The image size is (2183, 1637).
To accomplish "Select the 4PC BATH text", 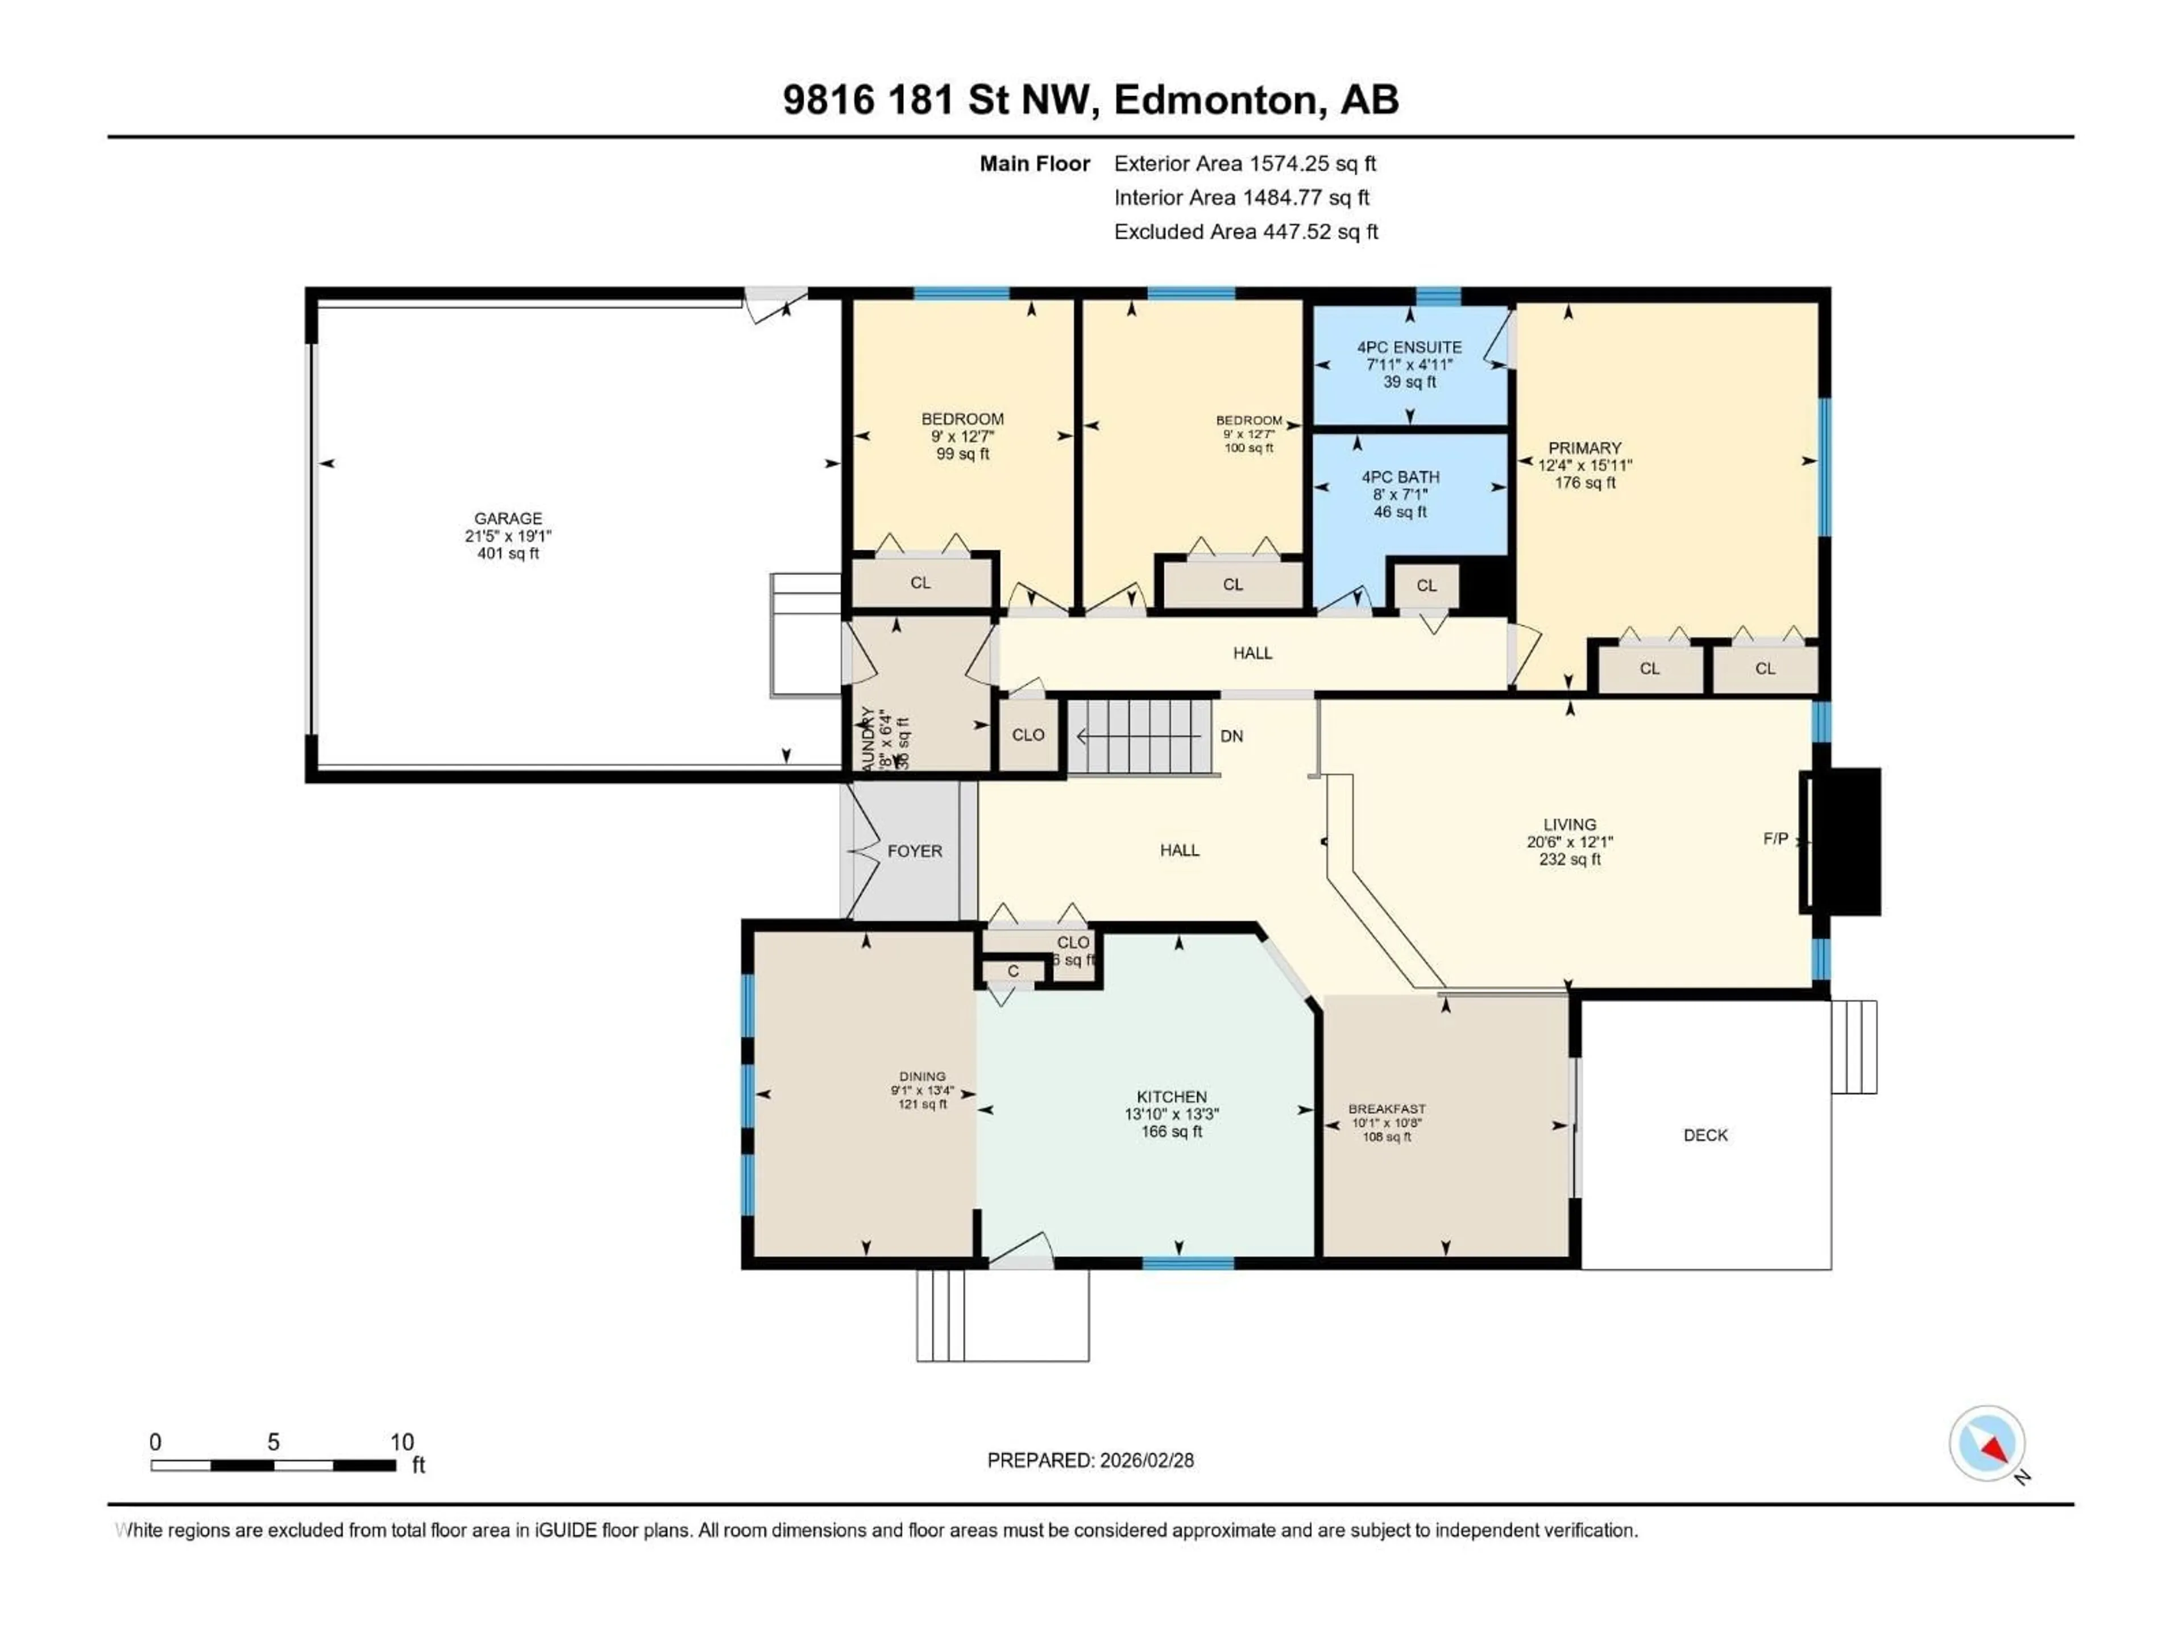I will click(1400, 476).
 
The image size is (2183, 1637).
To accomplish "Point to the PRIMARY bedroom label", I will click(1584, 448).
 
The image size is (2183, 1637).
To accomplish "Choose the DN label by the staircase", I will click(1232, 736).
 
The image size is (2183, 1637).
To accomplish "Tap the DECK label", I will click(1705, 1135).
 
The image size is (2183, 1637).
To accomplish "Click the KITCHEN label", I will click(1172, 1096).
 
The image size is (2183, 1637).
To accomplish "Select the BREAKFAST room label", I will click(1387, 1109).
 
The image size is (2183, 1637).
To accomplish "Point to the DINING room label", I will click(922, 1077).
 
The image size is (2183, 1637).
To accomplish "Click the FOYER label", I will click(914, 850).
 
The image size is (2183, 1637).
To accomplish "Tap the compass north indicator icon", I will click(1987, 1444).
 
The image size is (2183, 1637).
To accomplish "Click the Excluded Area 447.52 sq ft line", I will click(1246, 232).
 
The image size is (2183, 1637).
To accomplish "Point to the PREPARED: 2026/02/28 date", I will click(1090, 1460).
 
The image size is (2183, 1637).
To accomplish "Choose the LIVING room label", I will click(1569, 824).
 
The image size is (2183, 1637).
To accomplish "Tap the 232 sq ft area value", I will click(1569, 859).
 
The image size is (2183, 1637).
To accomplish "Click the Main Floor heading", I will click(1034, 164).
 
